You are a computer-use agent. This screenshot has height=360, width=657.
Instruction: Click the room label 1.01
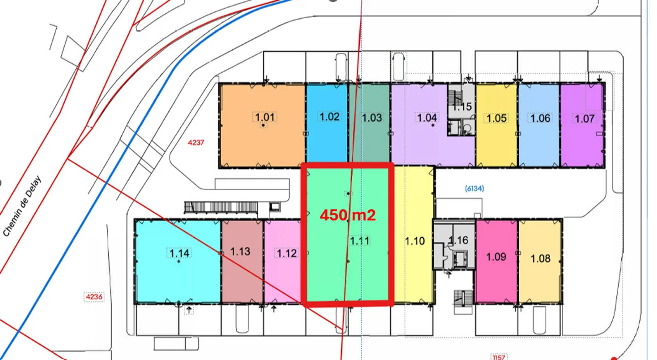[265, 117]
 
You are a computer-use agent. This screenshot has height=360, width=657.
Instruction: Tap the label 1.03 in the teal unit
[372, 118]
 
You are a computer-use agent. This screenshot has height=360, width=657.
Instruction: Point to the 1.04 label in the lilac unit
[427, 118]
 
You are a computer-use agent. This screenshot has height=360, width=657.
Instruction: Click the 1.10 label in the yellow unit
[415, 241]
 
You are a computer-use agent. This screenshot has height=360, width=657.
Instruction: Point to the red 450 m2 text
[348, 215]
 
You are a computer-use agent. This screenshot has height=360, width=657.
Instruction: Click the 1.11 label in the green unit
[360, 241]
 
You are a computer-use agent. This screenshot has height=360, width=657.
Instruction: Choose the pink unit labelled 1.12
[283, 261]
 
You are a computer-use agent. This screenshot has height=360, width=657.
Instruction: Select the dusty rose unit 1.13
[242, 261]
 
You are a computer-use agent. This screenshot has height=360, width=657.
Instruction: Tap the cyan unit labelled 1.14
[178, 261]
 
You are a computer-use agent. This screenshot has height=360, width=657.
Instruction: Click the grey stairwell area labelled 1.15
[461, 110]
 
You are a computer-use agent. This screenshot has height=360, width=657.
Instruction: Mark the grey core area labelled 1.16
[454, 244]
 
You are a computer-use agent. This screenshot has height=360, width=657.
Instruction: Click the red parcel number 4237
[196, 143]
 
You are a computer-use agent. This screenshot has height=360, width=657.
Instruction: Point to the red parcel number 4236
[94, 297]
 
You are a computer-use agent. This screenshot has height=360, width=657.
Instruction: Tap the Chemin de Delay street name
[22, 206]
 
